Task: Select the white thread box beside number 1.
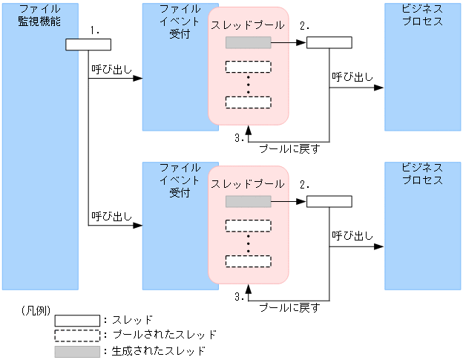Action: (x=88, y=45)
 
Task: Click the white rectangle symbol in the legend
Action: (x=76, y=320)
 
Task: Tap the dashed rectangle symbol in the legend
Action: (x=76, y=335)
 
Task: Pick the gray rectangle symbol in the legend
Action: (x=76, y=351)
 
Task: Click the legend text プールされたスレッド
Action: (x=163, y=335)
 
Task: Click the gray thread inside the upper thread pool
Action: (x=248, y=43)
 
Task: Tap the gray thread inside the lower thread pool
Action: (x=248, y=202)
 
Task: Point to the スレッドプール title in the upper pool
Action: (x=247, y=25)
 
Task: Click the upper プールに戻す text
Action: (x=289, y=148)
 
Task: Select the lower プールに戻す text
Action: (x=289, y=307)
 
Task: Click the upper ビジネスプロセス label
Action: (x=422, y=15)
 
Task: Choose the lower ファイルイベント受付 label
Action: (x=180, y=180)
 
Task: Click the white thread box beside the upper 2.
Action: (x=329, y=43)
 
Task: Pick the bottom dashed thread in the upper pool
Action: (x=248, y=102)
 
